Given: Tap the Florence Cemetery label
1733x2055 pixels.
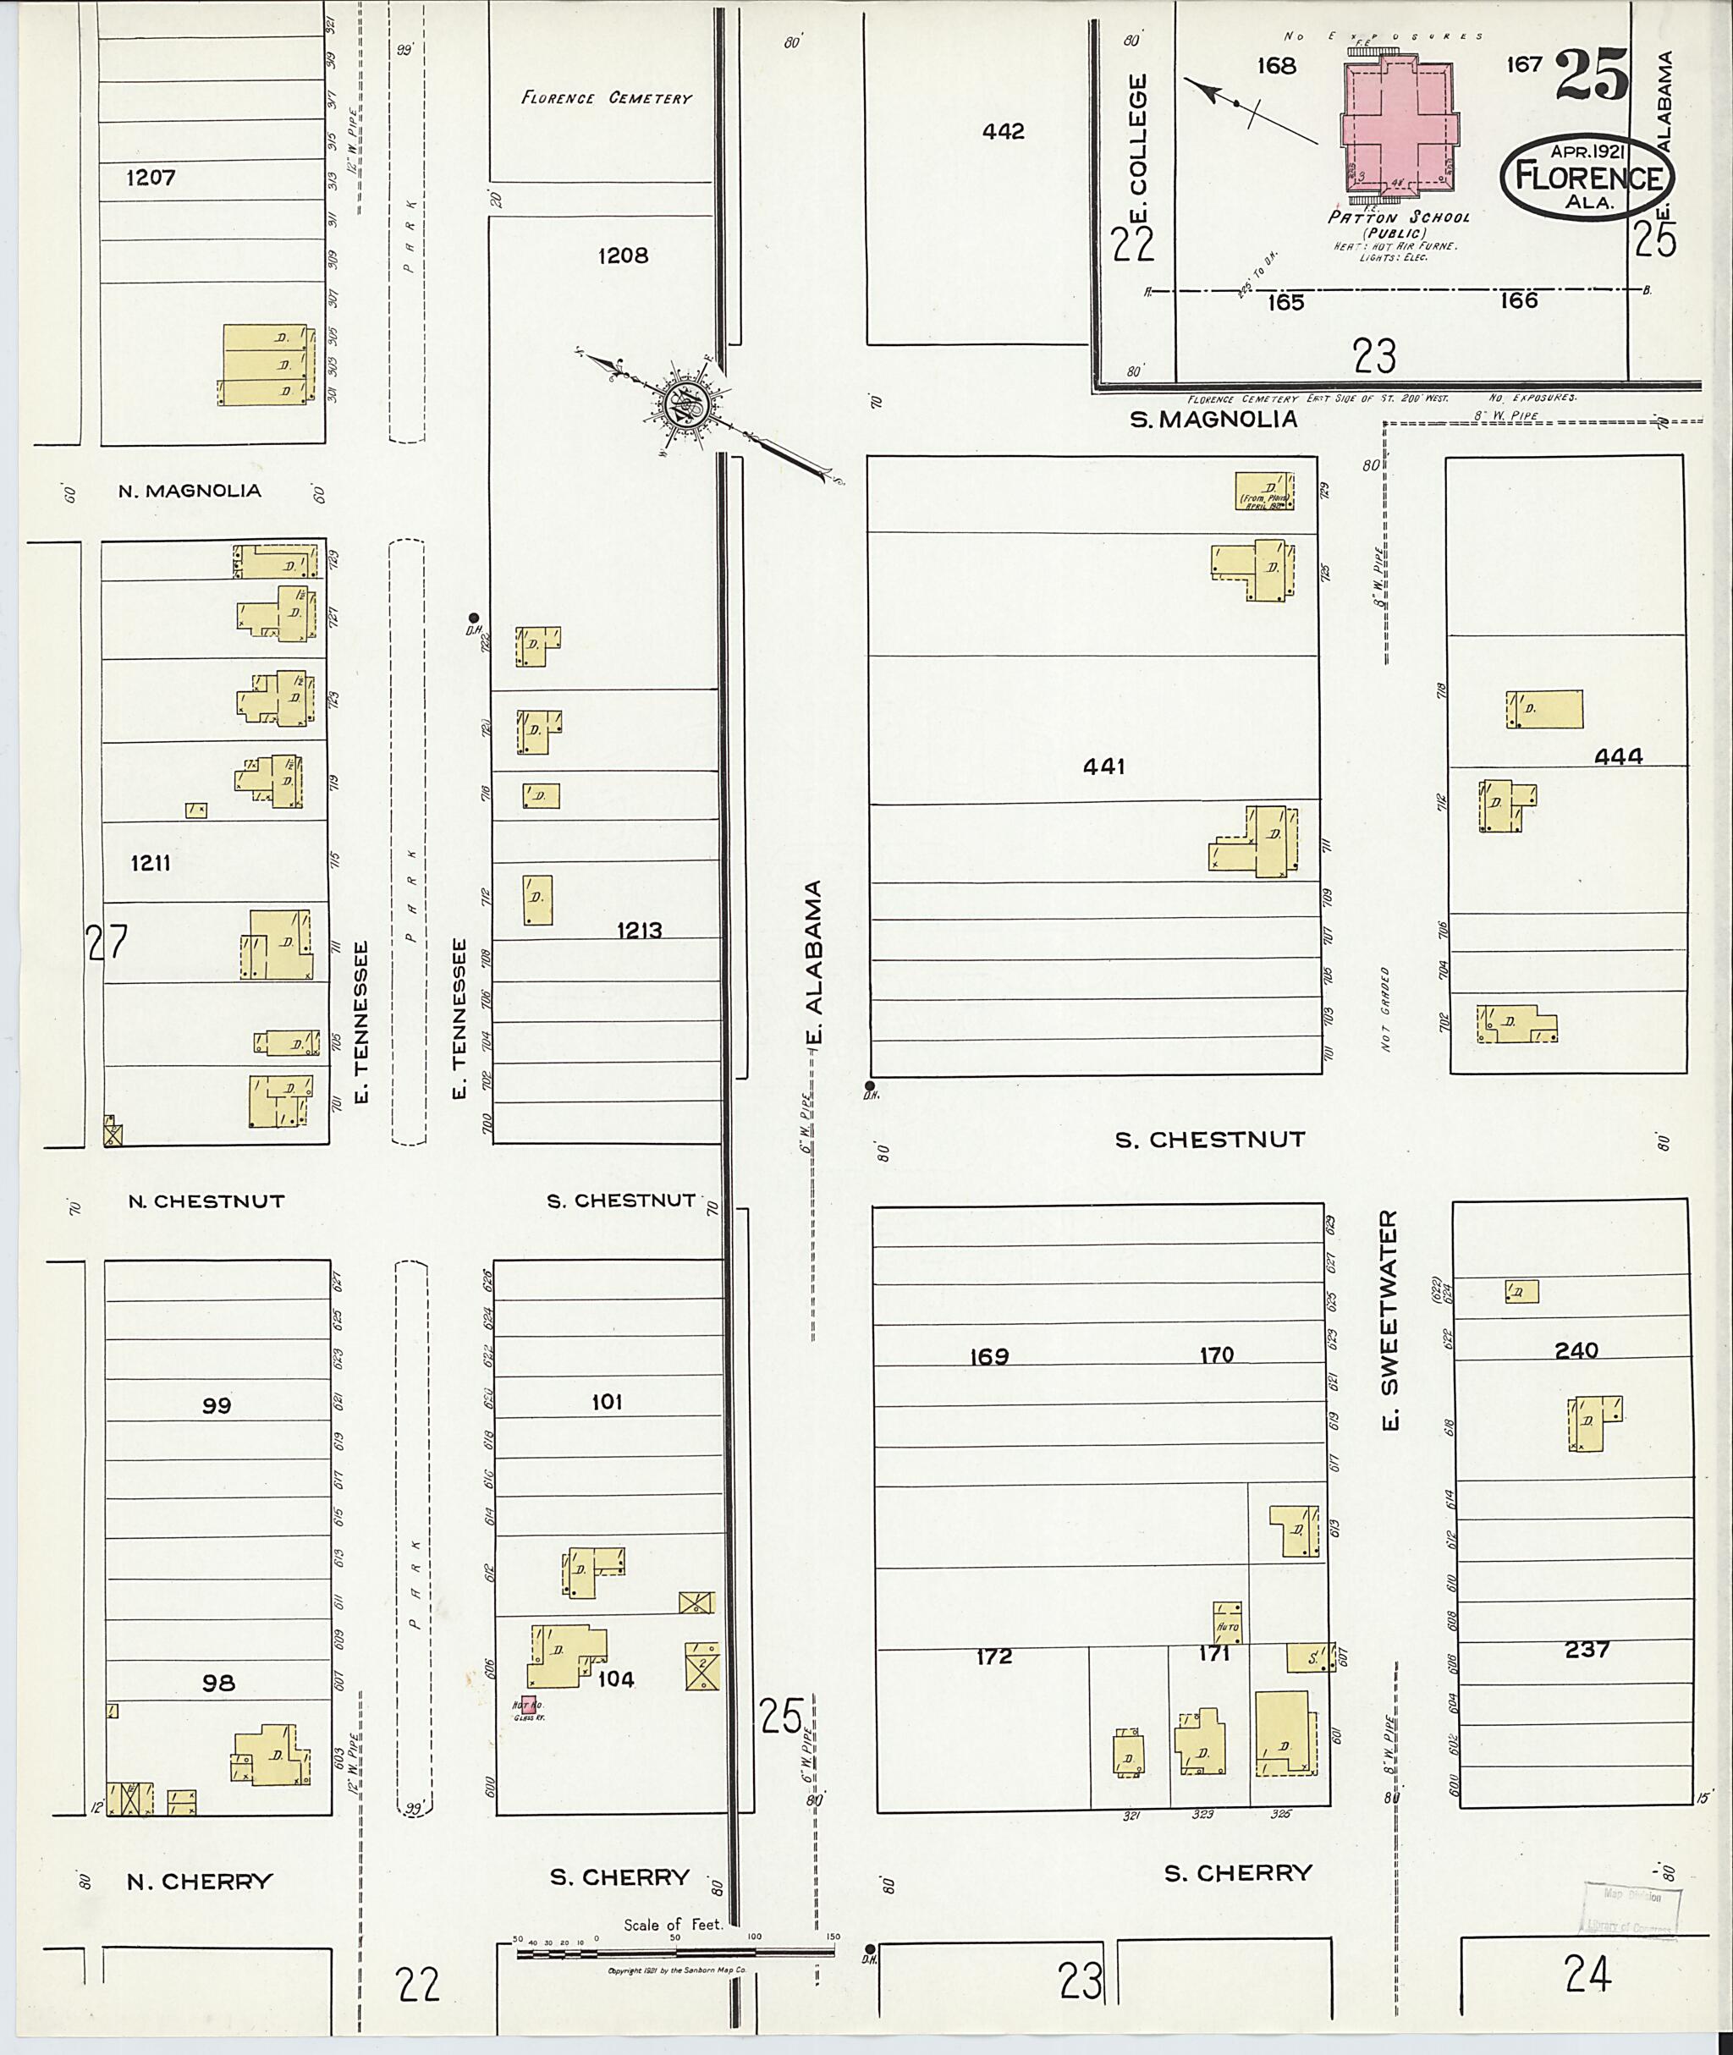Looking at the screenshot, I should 606,98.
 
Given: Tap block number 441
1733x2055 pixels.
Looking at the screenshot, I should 1103,767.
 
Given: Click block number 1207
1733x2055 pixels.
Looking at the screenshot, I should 151,178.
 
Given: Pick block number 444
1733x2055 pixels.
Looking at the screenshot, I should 1618,756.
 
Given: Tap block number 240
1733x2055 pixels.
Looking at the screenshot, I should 1576,1350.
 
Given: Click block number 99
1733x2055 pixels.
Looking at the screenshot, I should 216,1406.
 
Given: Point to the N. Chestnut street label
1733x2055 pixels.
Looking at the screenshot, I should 206,1201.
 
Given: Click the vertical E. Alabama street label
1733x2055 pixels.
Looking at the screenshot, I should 812,963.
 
